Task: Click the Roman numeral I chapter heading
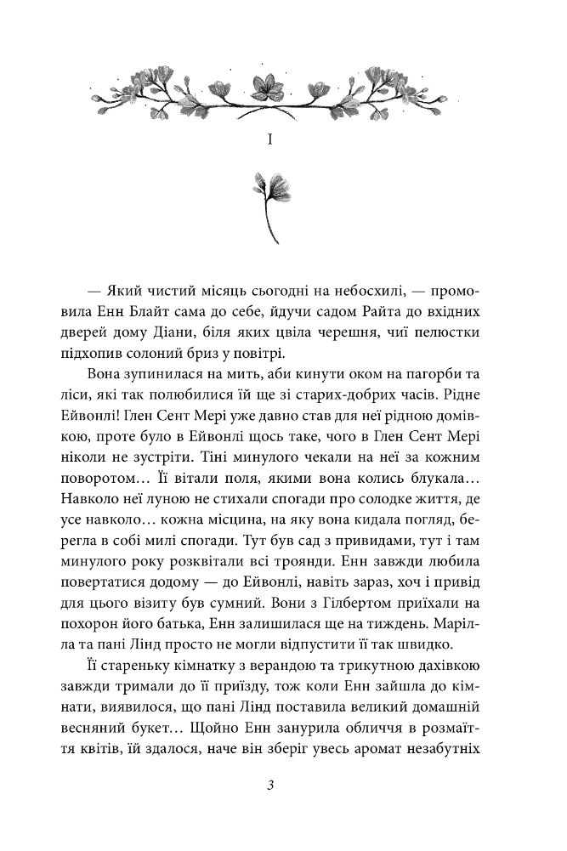coord(269,137)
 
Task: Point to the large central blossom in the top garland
coord(269,88)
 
